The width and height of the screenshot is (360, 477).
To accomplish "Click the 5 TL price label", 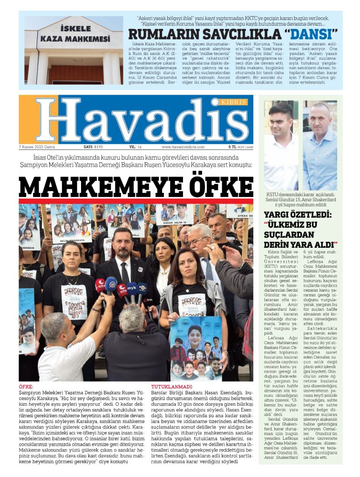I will tap(233, 147).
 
